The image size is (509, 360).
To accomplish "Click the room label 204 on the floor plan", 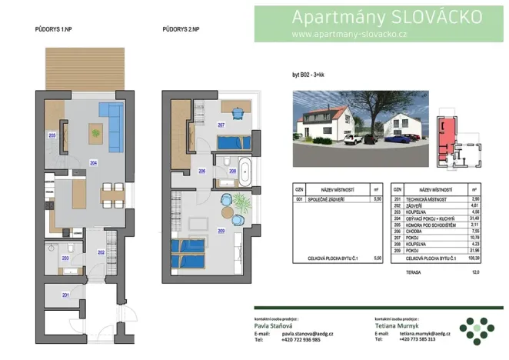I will (93, 163).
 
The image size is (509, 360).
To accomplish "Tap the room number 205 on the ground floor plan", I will (52, 135).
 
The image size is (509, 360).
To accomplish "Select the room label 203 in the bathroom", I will (65, 259).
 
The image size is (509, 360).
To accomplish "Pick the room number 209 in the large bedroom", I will (221, 232).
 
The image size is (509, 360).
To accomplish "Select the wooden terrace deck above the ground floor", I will (85, 67).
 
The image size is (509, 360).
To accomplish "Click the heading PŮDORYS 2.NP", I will (181, 28).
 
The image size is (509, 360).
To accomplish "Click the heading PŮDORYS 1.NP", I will (54, 28).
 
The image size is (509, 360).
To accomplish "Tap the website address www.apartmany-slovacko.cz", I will (349, 34).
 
